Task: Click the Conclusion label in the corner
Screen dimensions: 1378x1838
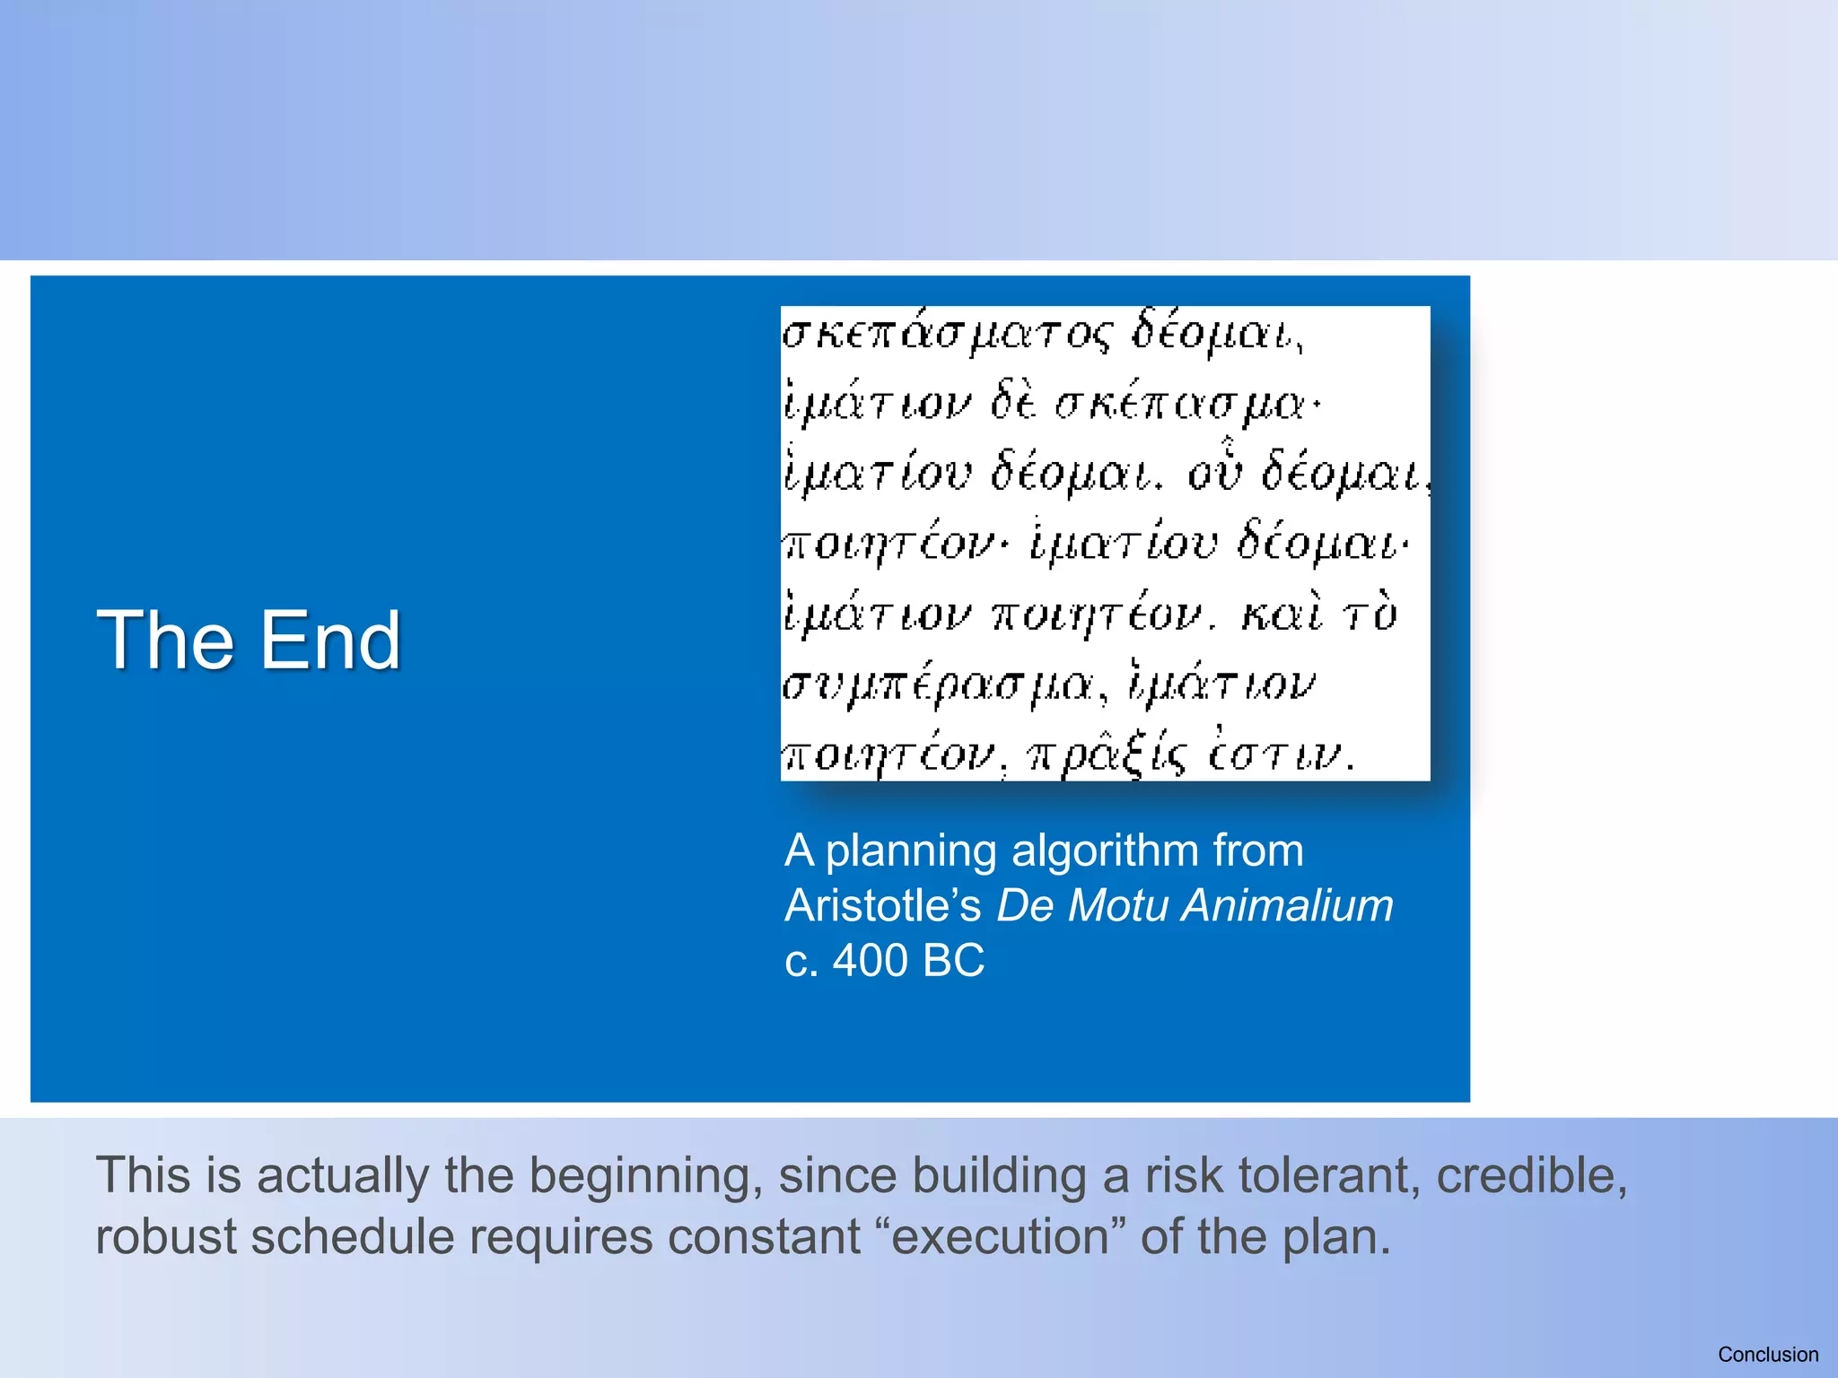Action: pyautogui.click(x=1767, y=1355)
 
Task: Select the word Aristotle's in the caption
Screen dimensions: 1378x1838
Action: pyautogui.click(x=883, y=905)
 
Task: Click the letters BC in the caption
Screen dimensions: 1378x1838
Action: pyautogui.click(x=953, y=961)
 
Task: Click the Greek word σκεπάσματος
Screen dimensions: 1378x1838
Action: pyautogui.click(x=947, y=335)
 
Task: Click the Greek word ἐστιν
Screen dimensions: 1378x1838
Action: pyautogui.click(x=1279, y=755)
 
